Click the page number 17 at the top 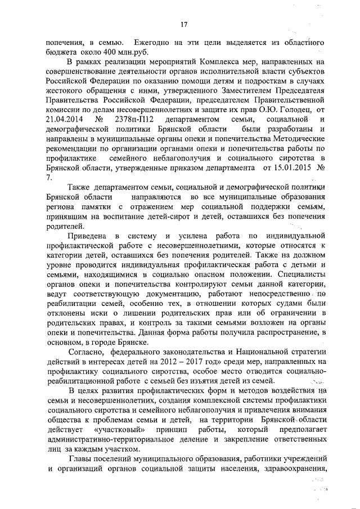pyautogui.click(x=183, y=24)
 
